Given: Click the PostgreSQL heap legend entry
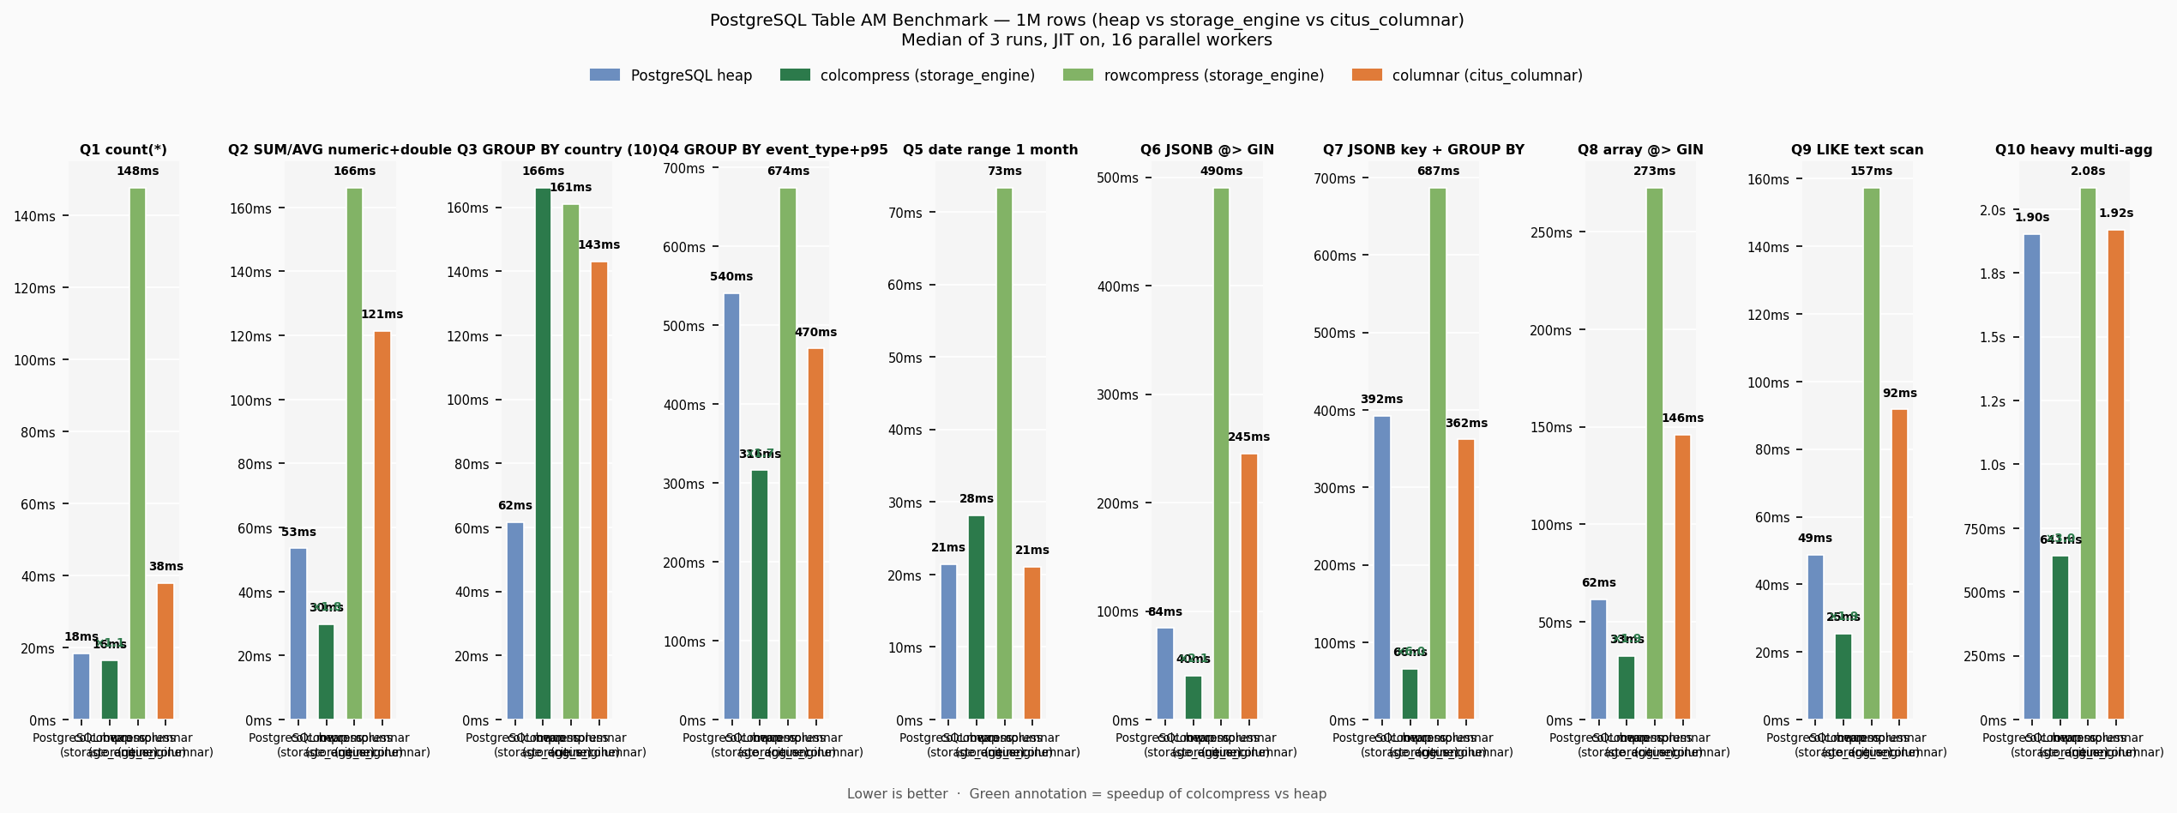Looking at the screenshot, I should pyautogui.click(x=671, y=75).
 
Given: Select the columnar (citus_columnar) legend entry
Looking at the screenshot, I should pyautogui.click(x=1467, y=75).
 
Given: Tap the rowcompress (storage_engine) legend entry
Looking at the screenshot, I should pyautogui.click(x=1194, y=75).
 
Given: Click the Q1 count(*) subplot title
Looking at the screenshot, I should pyautogui.click(x=123, y=150).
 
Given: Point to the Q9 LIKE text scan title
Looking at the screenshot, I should pyautogui.click(x=1856, y=150).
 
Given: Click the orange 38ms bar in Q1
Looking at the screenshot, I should pyautogui.click(x=165, y=651).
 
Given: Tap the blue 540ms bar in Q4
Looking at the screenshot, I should pyautogui.click(x=731, y=506).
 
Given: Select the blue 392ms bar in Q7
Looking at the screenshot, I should pyautogui.click(x=1381, y=567).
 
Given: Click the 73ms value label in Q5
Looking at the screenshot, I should pyautogui.click(x=1004, y=172).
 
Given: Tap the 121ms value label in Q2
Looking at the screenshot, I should pyautogui.click(x=382, y=315).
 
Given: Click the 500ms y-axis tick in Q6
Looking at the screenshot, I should pyautogui.click(x=1117, y=178).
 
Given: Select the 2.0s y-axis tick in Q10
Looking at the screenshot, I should pyautogui.click(x=1992, y=211).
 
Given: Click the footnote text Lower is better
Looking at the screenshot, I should pyautogui.click(x=897, y=794).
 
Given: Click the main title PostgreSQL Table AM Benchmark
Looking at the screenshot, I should pyautogui.click(x=1086, y=21).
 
